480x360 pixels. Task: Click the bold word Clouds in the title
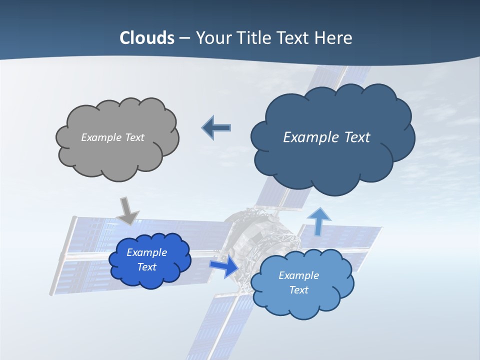tap(147, 38)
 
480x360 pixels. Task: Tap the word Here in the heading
tap(335, 38)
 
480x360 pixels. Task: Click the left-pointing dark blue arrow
tap(216, 128)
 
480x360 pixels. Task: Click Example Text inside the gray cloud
tap(112, 137)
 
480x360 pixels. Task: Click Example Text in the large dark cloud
tap(326, 137)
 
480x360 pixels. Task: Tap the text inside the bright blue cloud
tap(146, 259)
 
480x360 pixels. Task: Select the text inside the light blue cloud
tap(298, 282)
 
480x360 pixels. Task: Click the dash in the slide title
tap(184, 38)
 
